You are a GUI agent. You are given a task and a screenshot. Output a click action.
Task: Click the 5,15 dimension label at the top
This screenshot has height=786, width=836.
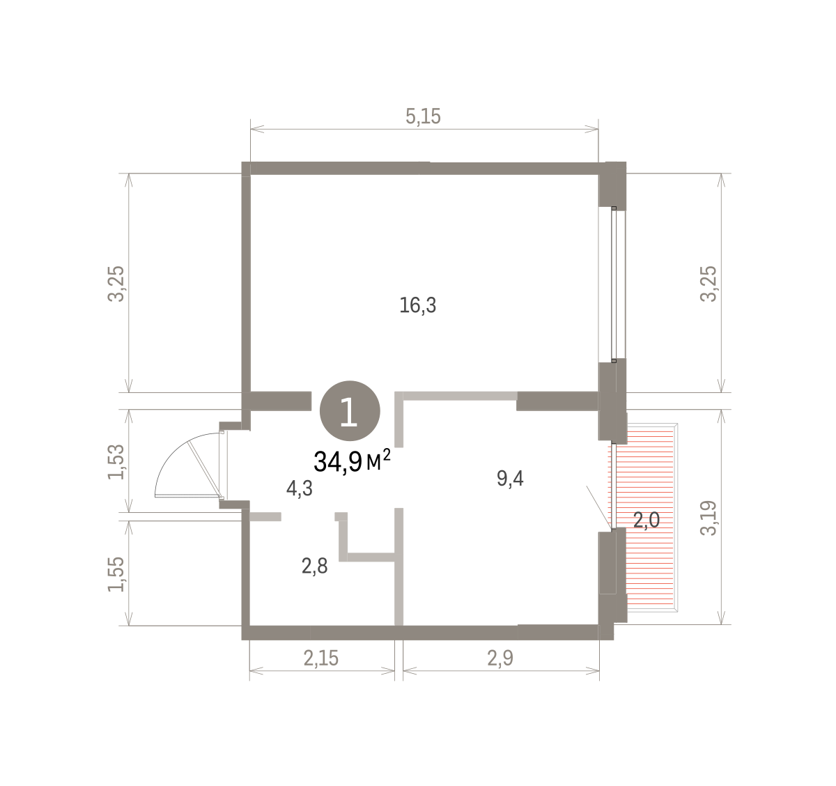point(423,116)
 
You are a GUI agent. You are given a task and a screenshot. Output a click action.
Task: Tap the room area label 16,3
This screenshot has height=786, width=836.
point(417,305)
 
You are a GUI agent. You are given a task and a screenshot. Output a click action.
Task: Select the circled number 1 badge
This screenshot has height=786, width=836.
point(350,410)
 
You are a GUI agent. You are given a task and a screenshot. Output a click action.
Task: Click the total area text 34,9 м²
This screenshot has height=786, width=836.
point(352,461)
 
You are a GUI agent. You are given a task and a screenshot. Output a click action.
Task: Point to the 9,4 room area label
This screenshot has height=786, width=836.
point(510,479)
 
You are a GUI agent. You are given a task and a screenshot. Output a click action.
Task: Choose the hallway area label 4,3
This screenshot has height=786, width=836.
point(300,488)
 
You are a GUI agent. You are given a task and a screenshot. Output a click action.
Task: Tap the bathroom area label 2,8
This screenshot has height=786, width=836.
point(314,567)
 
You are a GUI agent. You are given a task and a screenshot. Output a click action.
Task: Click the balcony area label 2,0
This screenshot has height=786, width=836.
point(647,521)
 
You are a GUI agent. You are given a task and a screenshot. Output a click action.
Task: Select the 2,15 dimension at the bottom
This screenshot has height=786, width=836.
point(320,658)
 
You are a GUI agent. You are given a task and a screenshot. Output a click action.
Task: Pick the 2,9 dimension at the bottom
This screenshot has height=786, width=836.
point(500,658)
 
